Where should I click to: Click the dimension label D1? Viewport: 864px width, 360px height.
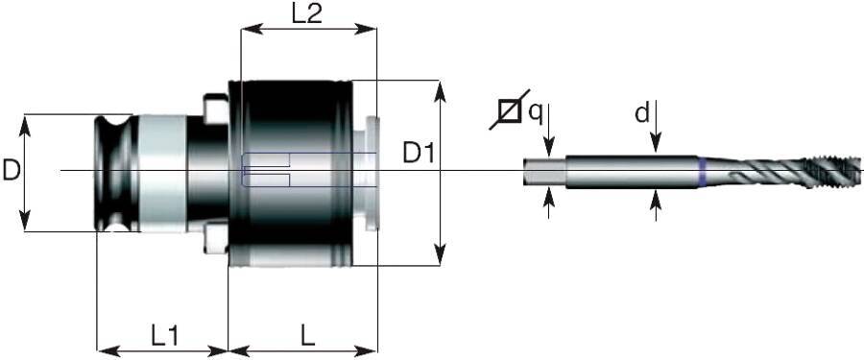pyautogui.click(x=420, y=153)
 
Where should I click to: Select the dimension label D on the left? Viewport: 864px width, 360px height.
pyautogui.click(x=12, y=171)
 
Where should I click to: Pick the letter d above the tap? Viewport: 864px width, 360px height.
pyautogui.click(x=640, y=112)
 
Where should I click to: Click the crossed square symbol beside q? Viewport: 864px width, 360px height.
pyautogui.click(x=509, y=111)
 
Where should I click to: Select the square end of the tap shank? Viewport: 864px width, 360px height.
pyautogui.click(x=543, y=172)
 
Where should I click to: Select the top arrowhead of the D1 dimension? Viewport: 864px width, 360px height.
pyautogui.click(x=440, y=88)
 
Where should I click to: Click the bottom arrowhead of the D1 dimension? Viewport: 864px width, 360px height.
pyautogui.click(x=440, y=256)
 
